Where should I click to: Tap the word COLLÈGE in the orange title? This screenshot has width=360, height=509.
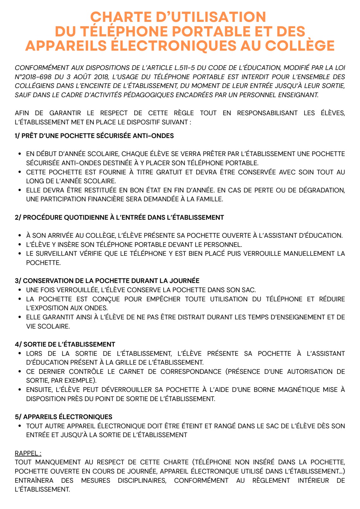[x=300, y=46]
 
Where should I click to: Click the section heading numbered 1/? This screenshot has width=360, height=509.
[x=94, y=136]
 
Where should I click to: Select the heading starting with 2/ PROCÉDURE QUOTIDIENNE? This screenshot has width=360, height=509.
[x=119, y=217]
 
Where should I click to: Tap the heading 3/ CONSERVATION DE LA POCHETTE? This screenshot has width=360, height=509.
[x=107, y=281]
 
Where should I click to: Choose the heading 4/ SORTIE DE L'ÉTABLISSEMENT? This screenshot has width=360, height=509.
[x=65, y=344]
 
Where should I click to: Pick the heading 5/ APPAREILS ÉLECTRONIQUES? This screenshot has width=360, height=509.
[x=63, y=417]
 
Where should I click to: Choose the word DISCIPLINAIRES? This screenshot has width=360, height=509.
[x=142, y=481]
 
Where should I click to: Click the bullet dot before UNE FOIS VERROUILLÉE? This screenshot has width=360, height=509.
[x=20, y=290]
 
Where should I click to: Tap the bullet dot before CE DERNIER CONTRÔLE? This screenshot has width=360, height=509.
[x=20, y=372]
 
